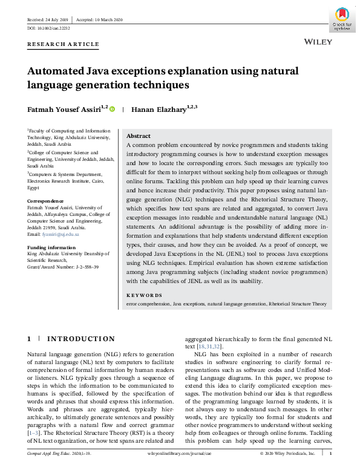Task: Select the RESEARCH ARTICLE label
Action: tap(64, 44)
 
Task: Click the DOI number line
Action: tap(49, 28)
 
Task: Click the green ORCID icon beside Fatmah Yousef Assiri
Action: tap(112, 109)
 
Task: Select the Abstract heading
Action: tap(139, 136)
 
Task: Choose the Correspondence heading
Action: tap(47, 201)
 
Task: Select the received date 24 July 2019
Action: tap(52, 20)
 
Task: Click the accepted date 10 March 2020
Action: tap(105, 20)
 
